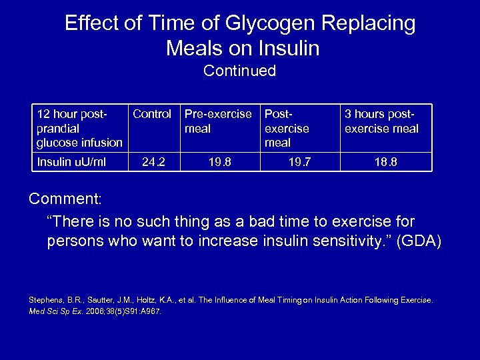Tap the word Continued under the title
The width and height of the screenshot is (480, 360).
[x=239, y=71]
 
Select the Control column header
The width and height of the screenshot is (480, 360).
[x=152, y=114]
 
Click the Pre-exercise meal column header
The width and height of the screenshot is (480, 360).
[x=218, y=121]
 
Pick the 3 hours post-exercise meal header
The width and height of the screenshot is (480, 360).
[x=381, y=121]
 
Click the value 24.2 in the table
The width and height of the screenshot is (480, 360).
[x=152, y=161]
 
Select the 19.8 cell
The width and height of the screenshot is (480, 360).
[x=218, y=161]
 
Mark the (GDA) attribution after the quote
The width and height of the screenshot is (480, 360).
[x=417, y=241]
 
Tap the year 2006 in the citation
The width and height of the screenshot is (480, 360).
[x=99, y=311]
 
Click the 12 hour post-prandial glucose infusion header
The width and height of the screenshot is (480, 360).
[x=79, y=127]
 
